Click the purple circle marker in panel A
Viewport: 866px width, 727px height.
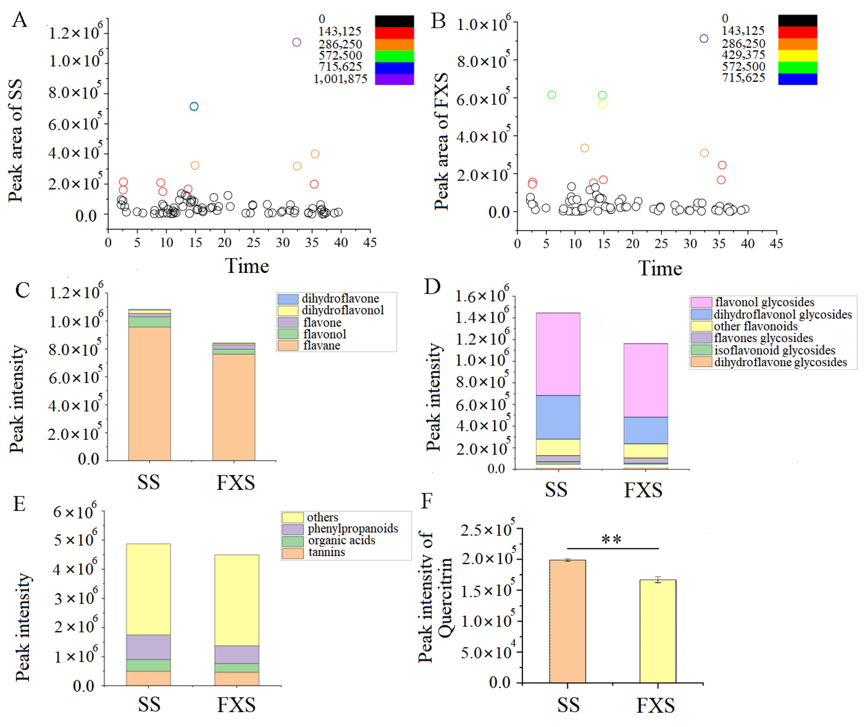click(x=296, y=42)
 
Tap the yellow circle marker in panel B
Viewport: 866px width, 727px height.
click(x=602, y=105)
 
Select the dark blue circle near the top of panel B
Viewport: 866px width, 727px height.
click(x=704, y=38)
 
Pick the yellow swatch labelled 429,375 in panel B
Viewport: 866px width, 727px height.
click(x=797, y=55)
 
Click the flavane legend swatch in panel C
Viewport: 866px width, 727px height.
click(x=288, y=346)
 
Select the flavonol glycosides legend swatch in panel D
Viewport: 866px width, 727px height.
click(x=701, y=302)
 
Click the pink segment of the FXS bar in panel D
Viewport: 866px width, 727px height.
click(x=646, y=380)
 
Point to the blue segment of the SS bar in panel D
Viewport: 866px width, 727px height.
click(x=558, y=417)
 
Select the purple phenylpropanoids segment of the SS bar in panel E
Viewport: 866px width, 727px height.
click(x=148, y=647)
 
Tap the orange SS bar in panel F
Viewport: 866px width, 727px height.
click(x=567, y=621)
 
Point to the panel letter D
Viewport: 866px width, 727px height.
click(x=432, y=287)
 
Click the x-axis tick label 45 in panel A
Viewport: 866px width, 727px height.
click(x=369, y=242)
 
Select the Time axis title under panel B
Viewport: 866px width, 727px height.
click(x=660, y=268)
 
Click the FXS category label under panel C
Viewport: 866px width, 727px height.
click(x=236, y=483)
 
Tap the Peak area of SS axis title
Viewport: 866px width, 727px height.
click(x=16, y=140)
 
